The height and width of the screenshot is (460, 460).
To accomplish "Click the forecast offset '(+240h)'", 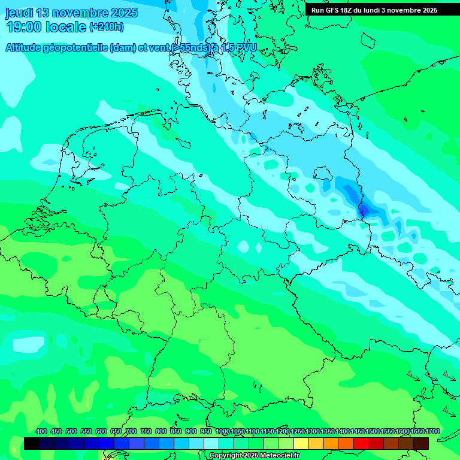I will click(106, 27).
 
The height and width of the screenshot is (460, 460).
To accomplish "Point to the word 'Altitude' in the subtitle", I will click(27, 48).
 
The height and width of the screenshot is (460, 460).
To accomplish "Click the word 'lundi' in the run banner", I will click(378, 10).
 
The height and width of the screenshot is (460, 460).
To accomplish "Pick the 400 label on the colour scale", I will click(41, 431).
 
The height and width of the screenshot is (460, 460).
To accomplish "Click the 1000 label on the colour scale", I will click(222, 431).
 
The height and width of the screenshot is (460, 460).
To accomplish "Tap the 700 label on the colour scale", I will click(131, 431).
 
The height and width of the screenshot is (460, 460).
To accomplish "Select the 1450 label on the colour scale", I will click(358, 431).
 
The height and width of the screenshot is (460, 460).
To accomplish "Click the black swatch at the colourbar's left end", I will click(32, 443).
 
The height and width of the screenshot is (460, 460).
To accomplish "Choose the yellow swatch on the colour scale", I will click(301, 443).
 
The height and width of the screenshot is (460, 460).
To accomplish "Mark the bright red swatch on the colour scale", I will click(361, 443).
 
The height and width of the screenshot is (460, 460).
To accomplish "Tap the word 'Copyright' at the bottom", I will click(226, 456).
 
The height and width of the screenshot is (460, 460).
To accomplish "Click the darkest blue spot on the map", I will click(362, 210).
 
